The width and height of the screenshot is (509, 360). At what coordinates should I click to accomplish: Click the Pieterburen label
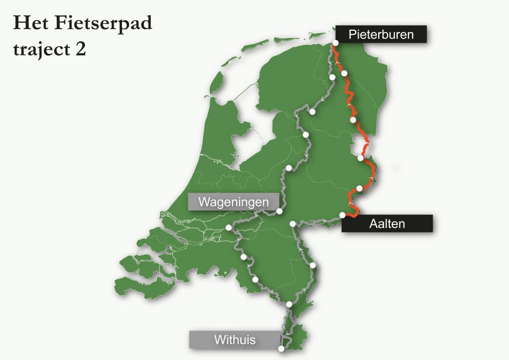(381, 35)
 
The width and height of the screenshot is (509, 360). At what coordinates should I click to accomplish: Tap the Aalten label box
(387, 223)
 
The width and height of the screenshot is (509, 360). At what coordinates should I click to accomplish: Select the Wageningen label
(233, 202)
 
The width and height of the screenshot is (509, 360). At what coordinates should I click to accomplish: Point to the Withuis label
(234, 340)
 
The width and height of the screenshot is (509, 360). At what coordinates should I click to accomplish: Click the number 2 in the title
(80, 50)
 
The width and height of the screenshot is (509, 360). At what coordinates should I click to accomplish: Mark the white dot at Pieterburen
(336, 43)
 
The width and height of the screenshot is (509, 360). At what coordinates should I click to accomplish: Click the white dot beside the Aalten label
(343, 215)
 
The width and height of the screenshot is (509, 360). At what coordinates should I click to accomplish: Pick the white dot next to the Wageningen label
(280, 211)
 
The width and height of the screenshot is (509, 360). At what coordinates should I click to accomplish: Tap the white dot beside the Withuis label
(281, 348)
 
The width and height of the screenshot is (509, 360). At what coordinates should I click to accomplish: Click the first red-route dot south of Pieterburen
(344, 73)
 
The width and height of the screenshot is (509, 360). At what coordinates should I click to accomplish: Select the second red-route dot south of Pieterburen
(353, 120)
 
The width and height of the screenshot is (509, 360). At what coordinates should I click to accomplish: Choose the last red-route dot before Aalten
(359, 189)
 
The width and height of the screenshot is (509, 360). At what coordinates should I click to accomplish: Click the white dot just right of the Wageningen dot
(293, 224)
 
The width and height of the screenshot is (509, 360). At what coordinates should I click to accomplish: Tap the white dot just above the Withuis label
(289, 304)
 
